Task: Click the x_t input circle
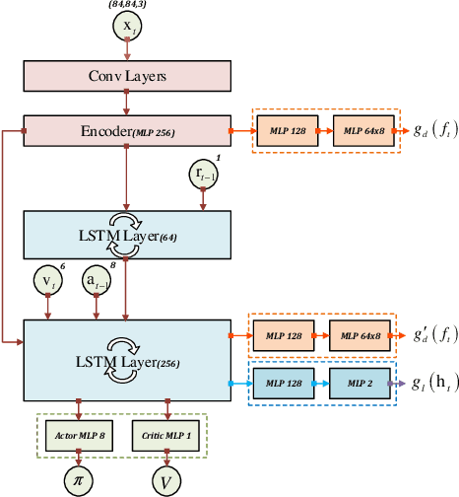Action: point(126,30)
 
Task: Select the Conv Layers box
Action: point(125,77)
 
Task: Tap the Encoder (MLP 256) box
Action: point(125,129)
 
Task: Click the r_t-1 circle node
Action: point(203,175)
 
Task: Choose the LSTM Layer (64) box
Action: point(125,235)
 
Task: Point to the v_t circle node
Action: point(47,282)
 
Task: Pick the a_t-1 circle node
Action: point(97,282)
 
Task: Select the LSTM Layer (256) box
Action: point(125,348)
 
